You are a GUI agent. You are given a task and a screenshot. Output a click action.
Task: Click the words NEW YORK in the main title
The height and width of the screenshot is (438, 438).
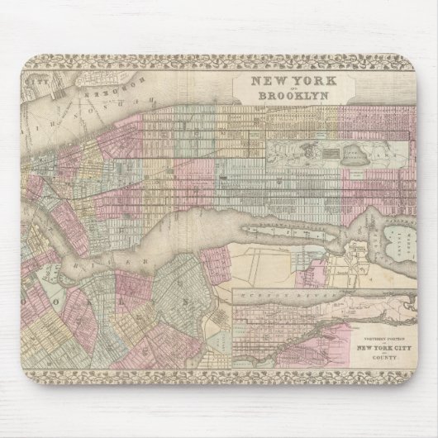tap(288, 82)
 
